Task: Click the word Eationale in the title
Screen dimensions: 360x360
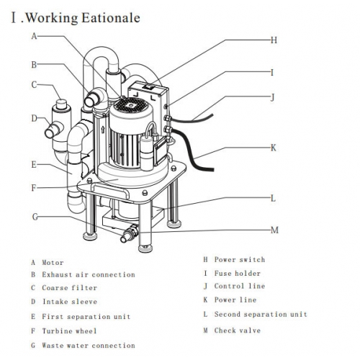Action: (111, 18)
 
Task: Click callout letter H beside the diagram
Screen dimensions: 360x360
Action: (274, 40)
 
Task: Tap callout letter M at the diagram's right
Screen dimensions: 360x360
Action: (275, 230)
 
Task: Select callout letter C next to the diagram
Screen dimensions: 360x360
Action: (34, 85)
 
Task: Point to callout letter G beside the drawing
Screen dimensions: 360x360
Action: (35, 217)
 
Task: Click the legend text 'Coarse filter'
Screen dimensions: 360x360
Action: (70, 288)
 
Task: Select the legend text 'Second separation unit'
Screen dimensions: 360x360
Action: (261, 314)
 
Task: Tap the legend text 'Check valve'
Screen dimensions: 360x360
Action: (238, 330)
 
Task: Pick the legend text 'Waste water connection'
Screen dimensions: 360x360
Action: (89, 346)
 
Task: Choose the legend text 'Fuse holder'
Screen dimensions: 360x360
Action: (238, 274)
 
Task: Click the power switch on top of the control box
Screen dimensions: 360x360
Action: (148, 86)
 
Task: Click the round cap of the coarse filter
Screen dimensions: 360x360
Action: (62, 104)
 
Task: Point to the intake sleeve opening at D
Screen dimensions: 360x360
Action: (50, 133)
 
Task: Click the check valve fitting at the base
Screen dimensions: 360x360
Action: (129, 233)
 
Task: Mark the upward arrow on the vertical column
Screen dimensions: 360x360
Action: (103, 130)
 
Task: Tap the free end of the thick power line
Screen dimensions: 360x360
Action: (211, 169)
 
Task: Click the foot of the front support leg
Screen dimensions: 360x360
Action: (145, 248)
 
